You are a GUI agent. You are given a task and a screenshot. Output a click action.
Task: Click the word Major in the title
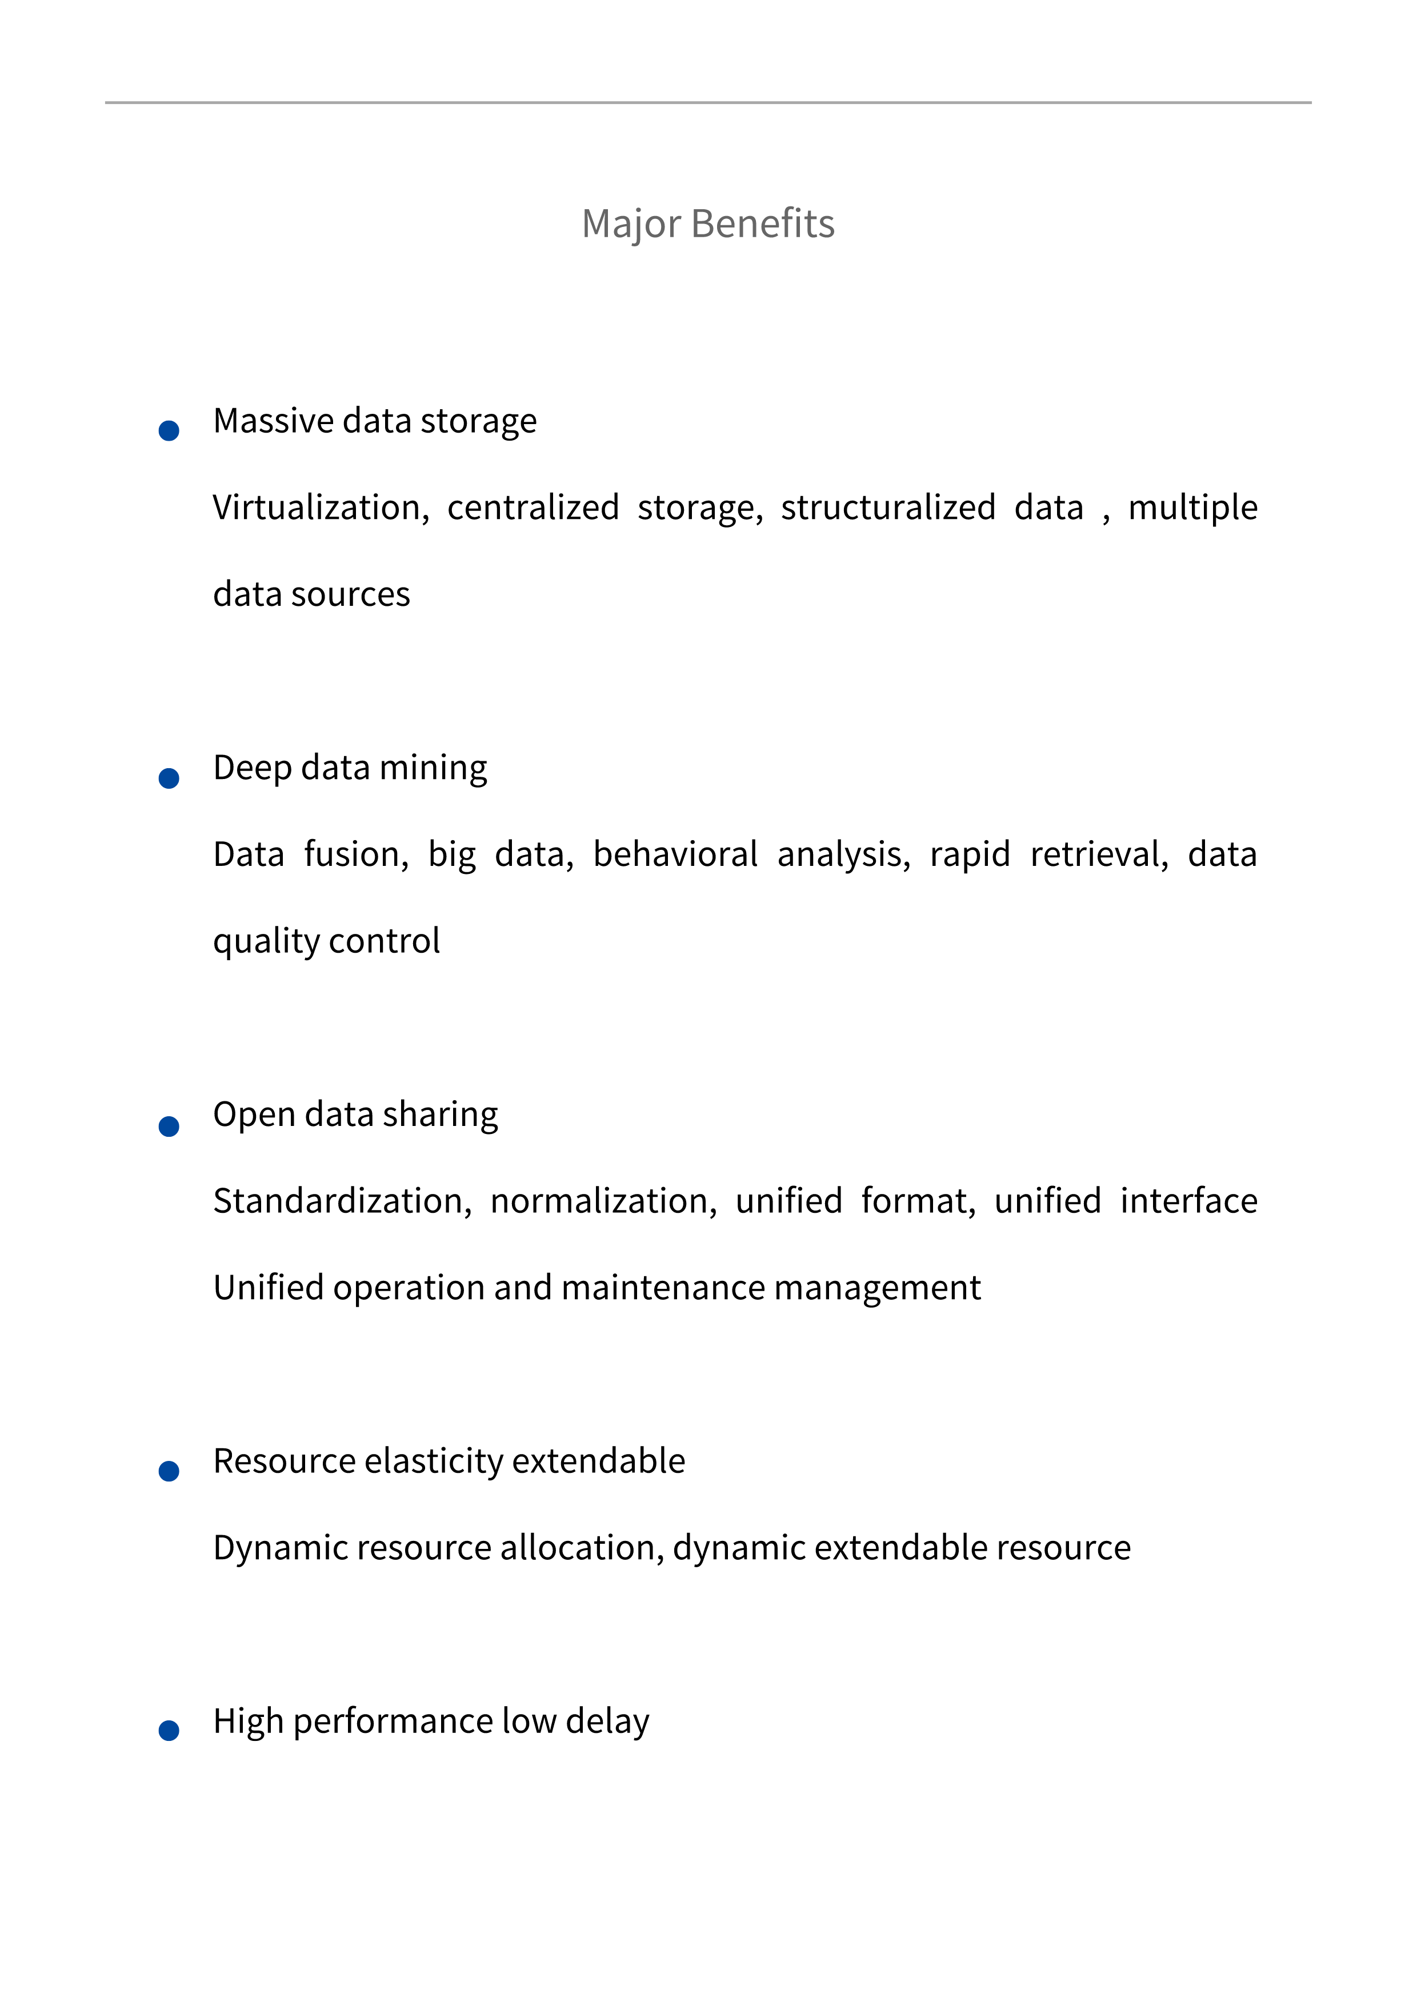pyautogui.click(x=630, y=225)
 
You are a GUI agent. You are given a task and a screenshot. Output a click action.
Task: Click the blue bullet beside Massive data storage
pyautogui.click(x=169, y=430)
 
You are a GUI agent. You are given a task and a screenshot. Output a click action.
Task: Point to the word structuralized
pyautogui.click(x=888, y=508)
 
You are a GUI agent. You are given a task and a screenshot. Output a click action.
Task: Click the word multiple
pyautogui.click(x=1192, y=508)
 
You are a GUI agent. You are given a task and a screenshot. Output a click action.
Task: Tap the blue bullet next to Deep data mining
pyautogui.click(x=169, y=778)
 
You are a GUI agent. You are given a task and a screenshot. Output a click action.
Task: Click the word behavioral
pyautogui.click(x=675, y=854)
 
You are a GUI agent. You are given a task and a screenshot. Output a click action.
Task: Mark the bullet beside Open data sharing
pyautogui.click(x=169, y=1127)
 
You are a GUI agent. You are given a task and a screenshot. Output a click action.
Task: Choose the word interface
pyautogui.click(x=1188, y=1201)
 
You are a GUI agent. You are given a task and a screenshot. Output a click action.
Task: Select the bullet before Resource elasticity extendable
pyautogui.click(x=169, y=1471)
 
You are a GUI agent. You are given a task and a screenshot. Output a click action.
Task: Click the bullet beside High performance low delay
pyautogui.click(x=169, y=1731)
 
